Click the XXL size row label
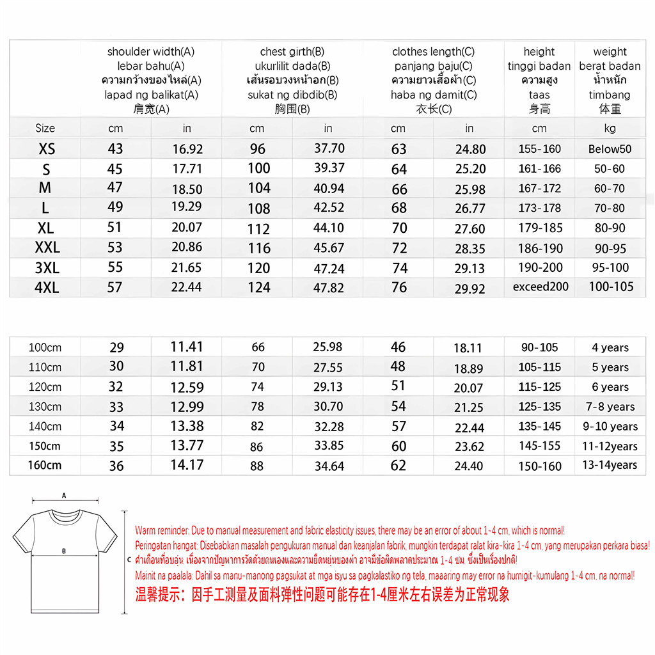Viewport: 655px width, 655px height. [x=47, y=248]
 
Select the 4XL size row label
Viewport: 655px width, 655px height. [x=47, y=287]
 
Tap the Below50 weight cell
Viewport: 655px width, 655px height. [x=610, y=149]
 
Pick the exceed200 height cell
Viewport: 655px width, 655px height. [x=541, y=287]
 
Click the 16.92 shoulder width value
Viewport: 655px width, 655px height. [x=187, y=149]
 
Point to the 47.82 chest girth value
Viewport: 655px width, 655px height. [x=329, y=287]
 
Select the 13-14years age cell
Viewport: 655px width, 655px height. [x=610, y=465]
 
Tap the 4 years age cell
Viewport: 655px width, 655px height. [x=610, y=347]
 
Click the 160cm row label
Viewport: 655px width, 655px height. [x=45, y=465]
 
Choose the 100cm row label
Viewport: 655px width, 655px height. [x=45, y=347]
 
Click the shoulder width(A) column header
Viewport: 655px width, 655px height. [x=151, y=52]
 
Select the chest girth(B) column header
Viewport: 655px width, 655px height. [x=292, y=52]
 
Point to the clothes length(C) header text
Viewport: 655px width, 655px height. [x=434, y=52]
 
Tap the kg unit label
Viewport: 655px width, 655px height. [x=610, y=128]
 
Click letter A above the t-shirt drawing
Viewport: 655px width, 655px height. [x=63, y=495]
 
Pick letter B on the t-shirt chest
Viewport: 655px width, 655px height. [x=63, y=550]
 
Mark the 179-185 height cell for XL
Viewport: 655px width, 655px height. [x=541, y=228]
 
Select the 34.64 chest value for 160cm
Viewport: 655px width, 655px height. [x=329, y=466]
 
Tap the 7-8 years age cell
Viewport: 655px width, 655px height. [x=610, y=407]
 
